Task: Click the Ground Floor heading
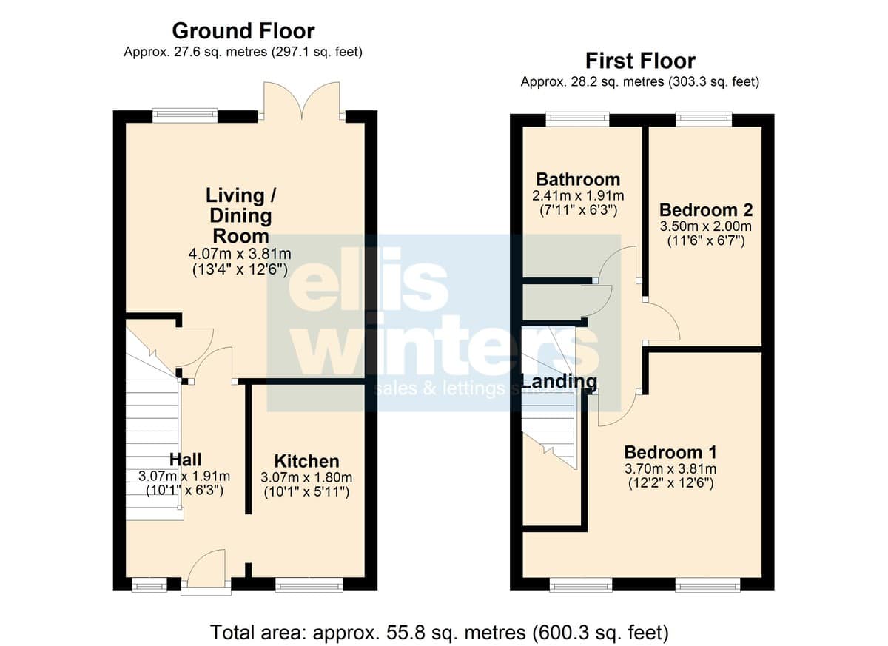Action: (x=243, y=31)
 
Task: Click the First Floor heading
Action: (x=640, y=61)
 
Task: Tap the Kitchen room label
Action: (x=307, y=461)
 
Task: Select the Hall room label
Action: (x=186, y=460)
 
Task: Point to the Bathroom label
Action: (x=578, y=180)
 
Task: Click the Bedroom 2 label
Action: (x=706, y=210)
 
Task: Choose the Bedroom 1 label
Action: (x=670, y=452)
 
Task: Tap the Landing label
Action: (x=559, y=382)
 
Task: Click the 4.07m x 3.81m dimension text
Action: (x=240, y=253)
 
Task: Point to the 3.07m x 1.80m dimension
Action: (x=306, y=477)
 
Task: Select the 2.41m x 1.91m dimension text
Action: (x=579, y=195)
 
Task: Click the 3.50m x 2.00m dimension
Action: (x=706, y=226)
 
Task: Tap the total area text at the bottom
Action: (x=440, y=632)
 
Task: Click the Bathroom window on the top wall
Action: (x=578, y=118)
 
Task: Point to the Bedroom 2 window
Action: (x=704, y=118)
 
